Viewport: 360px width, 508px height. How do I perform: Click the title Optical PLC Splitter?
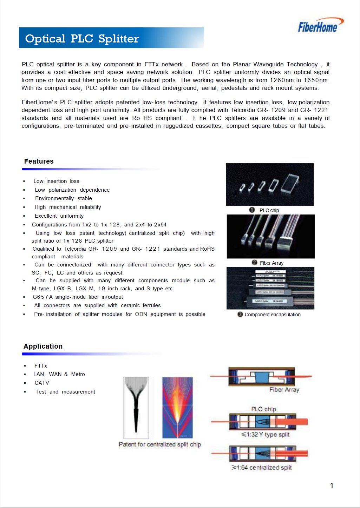82,39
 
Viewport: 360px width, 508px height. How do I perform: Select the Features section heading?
39,161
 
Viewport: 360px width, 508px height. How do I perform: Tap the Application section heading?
43,347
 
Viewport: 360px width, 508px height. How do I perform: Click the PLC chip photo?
269,184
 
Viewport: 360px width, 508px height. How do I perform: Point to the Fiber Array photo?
270,236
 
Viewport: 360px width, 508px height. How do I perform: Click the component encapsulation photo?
270,288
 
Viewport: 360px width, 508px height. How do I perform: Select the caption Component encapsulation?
273,315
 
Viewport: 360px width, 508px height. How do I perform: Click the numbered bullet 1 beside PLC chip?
252,210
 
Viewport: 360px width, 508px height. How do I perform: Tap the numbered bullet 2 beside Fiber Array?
255,263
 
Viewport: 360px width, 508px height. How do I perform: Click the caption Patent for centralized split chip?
160,444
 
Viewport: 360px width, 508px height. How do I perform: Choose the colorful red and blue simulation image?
177,407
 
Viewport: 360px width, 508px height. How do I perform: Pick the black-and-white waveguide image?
136,407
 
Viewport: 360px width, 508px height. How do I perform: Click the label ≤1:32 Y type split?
266,435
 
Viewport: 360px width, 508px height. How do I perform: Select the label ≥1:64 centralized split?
262,468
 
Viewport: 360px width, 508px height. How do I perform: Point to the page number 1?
332,486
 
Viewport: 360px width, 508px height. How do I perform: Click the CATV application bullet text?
42,383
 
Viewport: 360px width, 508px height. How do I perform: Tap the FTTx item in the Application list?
41,366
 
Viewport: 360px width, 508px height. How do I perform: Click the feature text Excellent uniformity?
59,216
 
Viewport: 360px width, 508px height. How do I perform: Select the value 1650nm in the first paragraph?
316,80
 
